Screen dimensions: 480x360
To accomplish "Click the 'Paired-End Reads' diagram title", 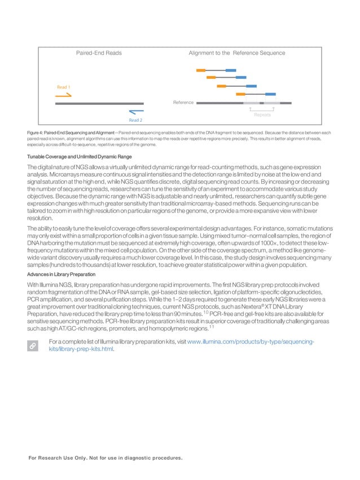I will [x=99, y=53].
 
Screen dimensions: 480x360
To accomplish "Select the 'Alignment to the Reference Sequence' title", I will [x=236, y=53].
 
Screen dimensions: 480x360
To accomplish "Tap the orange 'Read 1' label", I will [x=64, y=87].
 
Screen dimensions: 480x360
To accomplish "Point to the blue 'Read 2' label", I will [x=135, y=120].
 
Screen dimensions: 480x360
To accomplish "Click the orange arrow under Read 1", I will [x=64, y=96].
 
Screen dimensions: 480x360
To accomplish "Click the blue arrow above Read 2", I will [x=135, y=112].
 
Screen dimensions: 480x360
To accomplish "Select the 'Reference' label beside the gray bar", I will [x=183, y=103].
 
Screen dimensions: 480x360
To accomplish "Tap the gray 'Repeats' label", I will [x=262, y=115].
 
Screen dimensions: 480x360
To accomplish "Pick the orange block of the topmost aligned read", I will [x=200, y=71].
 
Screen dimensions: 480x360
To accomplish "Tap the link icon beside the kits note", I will [x=35, y=345].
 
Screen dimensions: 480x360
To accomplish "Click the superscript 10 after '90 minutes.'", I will [x=206, y=311].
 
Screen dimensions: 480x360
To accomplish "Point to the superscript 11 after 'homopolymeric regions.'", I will [x=211, y=327].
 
